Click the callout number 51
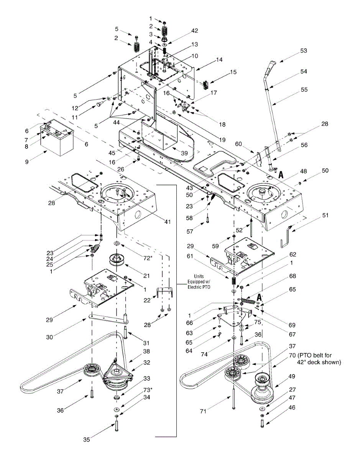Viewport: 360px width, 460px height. tap(325, 215)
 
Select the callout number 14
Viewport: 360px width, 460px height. tap(219, 60)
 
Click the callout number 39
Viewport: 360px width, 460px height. tap(184, 153)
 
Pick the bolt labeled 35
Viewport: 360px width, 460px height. tap(116, 426)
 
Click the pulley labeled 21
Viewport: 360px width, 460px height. tap(114, 261)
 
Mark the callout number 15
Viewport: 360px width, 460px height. tap(233, 72)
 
